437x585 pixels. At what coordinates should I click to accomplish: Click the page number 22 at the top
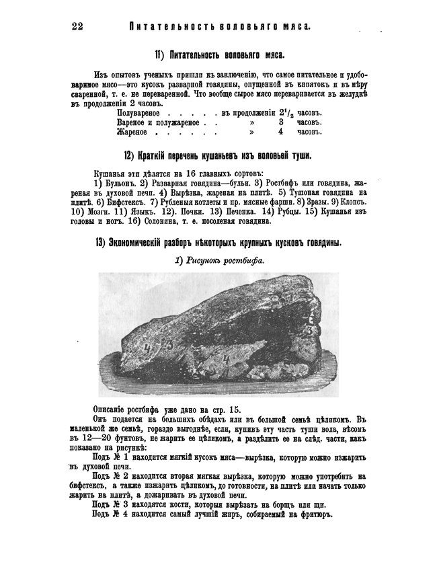77,26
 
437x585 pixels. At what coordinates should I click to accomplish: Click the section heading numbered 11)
219,54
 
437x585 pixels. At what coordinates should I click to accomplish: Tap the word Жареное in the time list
132,132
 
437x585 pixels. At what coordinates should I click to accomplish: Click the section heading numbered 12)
224,156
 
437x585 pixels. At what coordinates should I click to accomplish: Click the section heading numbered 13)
218,243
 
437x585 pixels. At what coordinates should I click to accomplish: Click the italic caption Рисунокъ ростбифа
219,260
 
